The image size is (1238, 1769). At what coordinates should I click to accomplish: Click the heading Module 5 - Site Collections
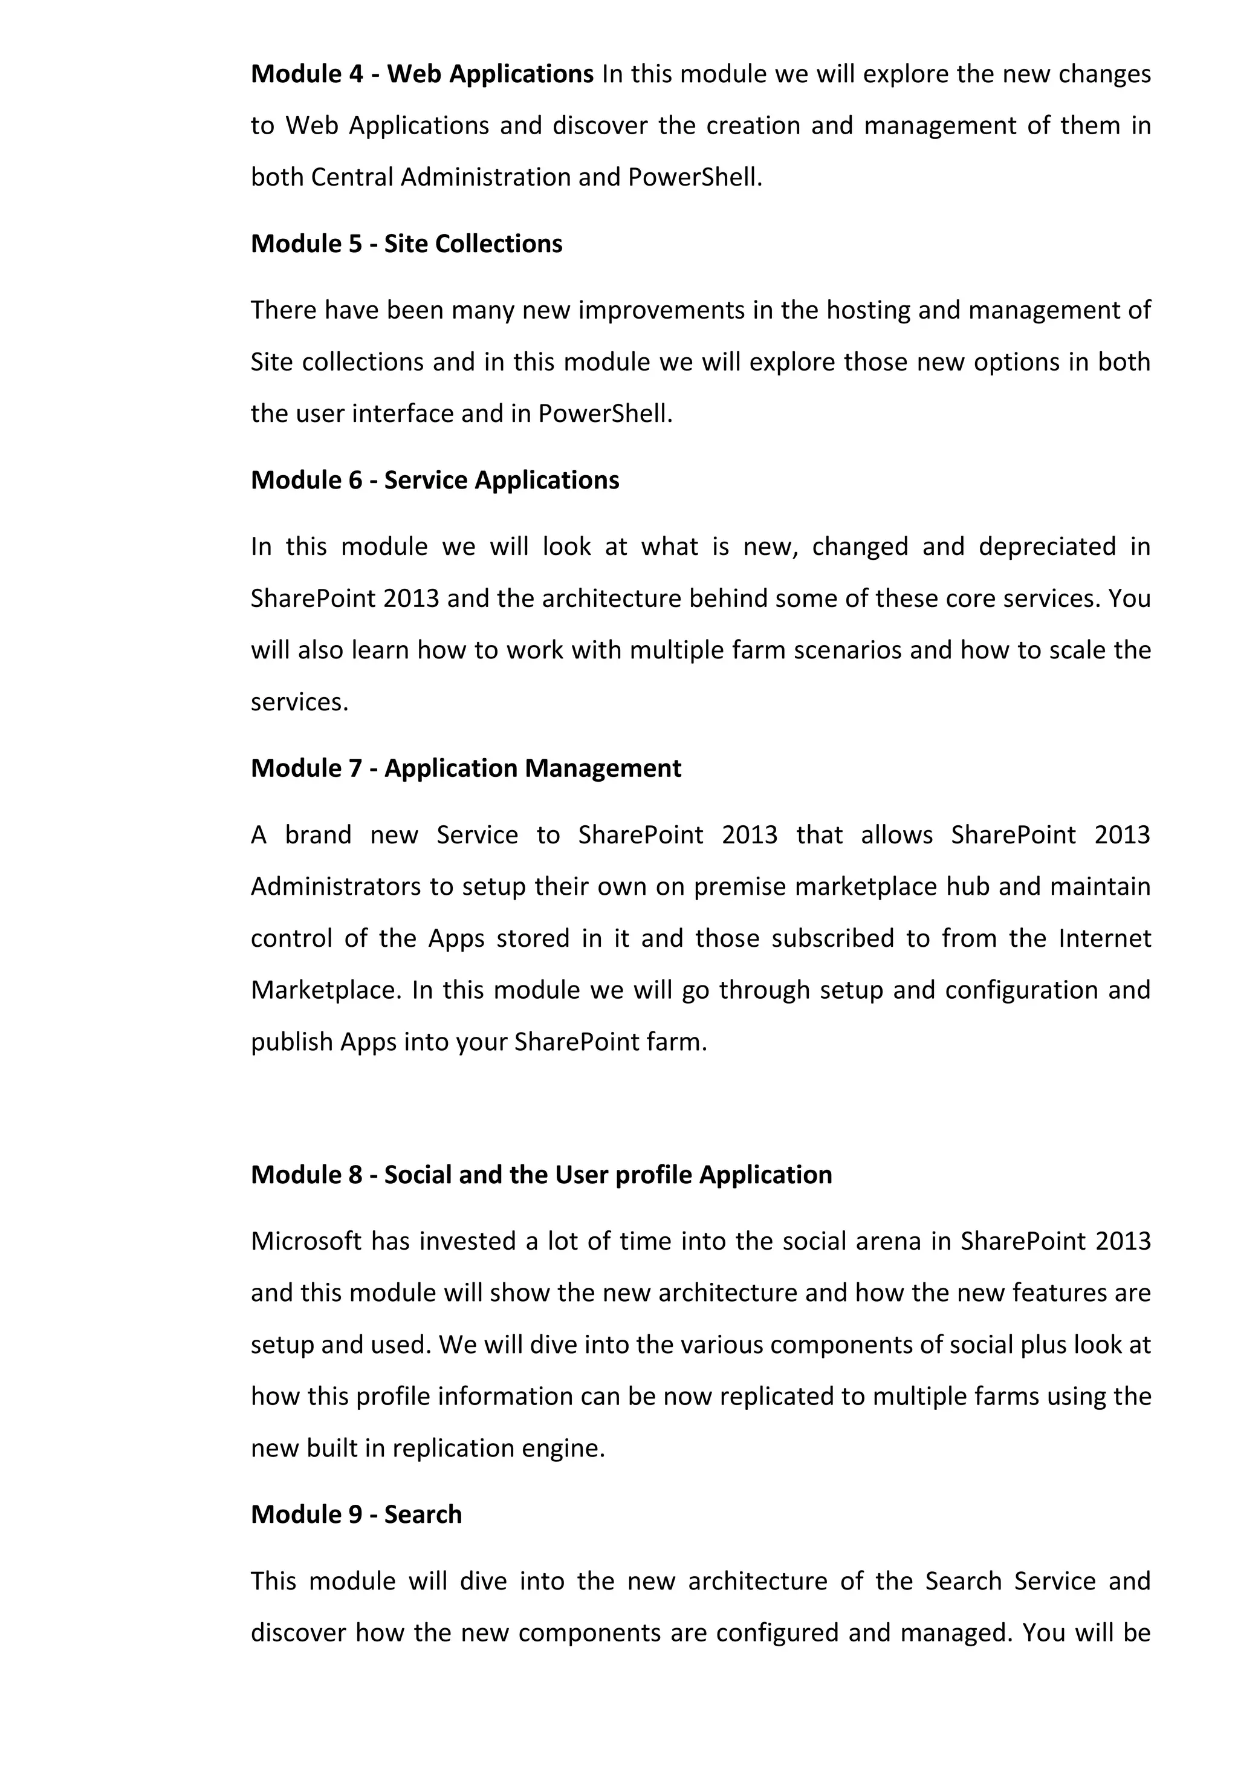(x=406, y=244)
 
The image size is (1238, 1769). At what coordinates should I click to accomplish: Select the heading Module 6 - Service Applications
(x=435, y=480)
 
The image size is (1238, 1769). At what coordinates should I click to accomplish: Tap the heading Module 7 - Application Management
(x=465, y=768)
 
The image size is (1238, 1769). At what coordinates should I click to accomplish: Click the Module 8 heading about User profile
(x=541, y=1174)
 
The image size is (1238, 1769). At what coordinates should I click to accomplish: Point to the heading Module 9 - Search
(x=356, y=1514)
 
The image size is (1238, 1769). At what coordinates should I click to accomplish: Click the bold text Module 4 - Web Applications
(x=422, y=74)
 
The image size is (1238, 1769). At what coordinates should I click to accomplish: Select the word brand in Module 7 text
(x=317, y=834)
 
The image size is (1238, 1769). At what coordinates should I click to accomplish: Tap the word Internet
(x=1105, y=938)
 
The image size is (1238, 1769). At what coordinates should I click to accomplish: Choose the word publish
(x=292, y=1042)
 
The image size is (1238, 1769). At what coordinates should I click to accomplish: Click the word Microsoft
(x=306, y=1241)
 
